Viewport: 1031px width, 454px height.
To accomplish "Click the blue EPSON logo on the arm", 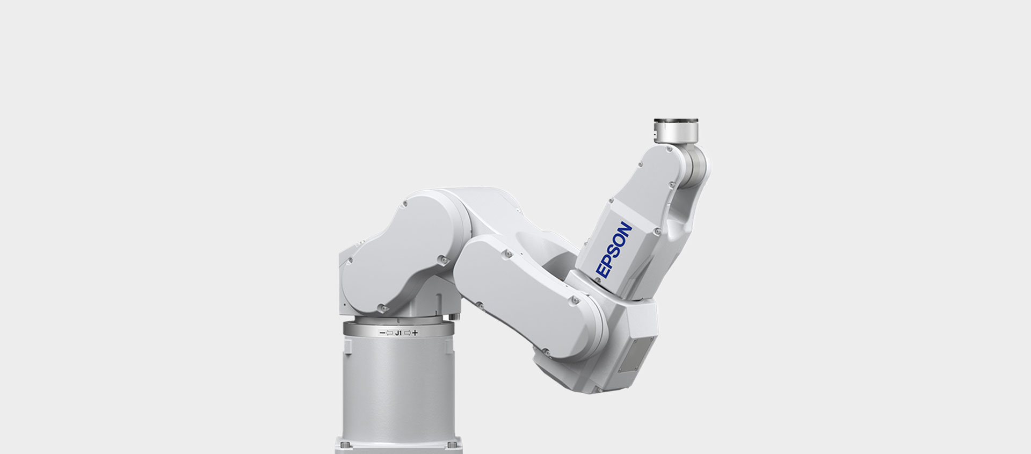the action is point(614,250).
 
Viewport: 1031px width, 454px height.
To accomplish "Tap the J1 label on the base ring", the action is point(398,333).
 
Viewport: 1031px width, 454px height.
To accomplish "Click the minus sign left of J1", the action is point(382,333).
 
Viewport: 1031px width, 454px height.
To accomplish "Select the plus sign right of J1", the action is point(415,333).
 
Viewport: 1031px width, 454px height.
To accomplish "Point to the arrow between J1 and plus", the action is point(408,333).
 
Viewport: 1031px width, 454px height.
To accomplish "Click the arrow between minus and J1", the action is point(390,333).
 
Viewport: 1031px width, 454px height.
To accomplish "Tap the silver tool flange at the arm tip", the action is point(675,131).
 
